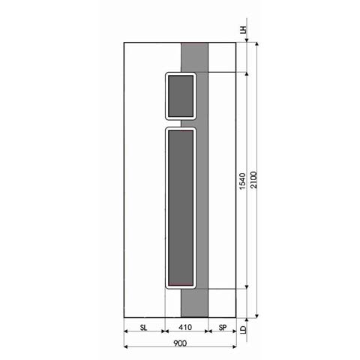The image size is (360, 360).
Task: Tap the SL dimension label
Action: tap(143, 327)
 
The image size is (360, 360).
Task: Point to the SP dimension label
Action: tap(223, 327)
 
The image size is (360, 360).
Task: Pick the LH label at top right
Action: tap(243, 31)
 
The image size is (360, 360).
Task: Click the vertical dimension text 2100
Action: tap(256, 181)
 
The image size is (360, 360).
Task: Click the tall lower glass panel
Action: tap(180, 208)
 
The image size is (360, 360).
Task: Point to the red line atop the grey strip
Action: tap(195, 44)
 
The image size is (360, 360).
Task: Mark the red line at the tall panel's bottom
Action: tap(180, 286)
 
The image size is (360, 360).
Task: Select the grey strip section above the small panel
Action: tap(195, 57)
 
